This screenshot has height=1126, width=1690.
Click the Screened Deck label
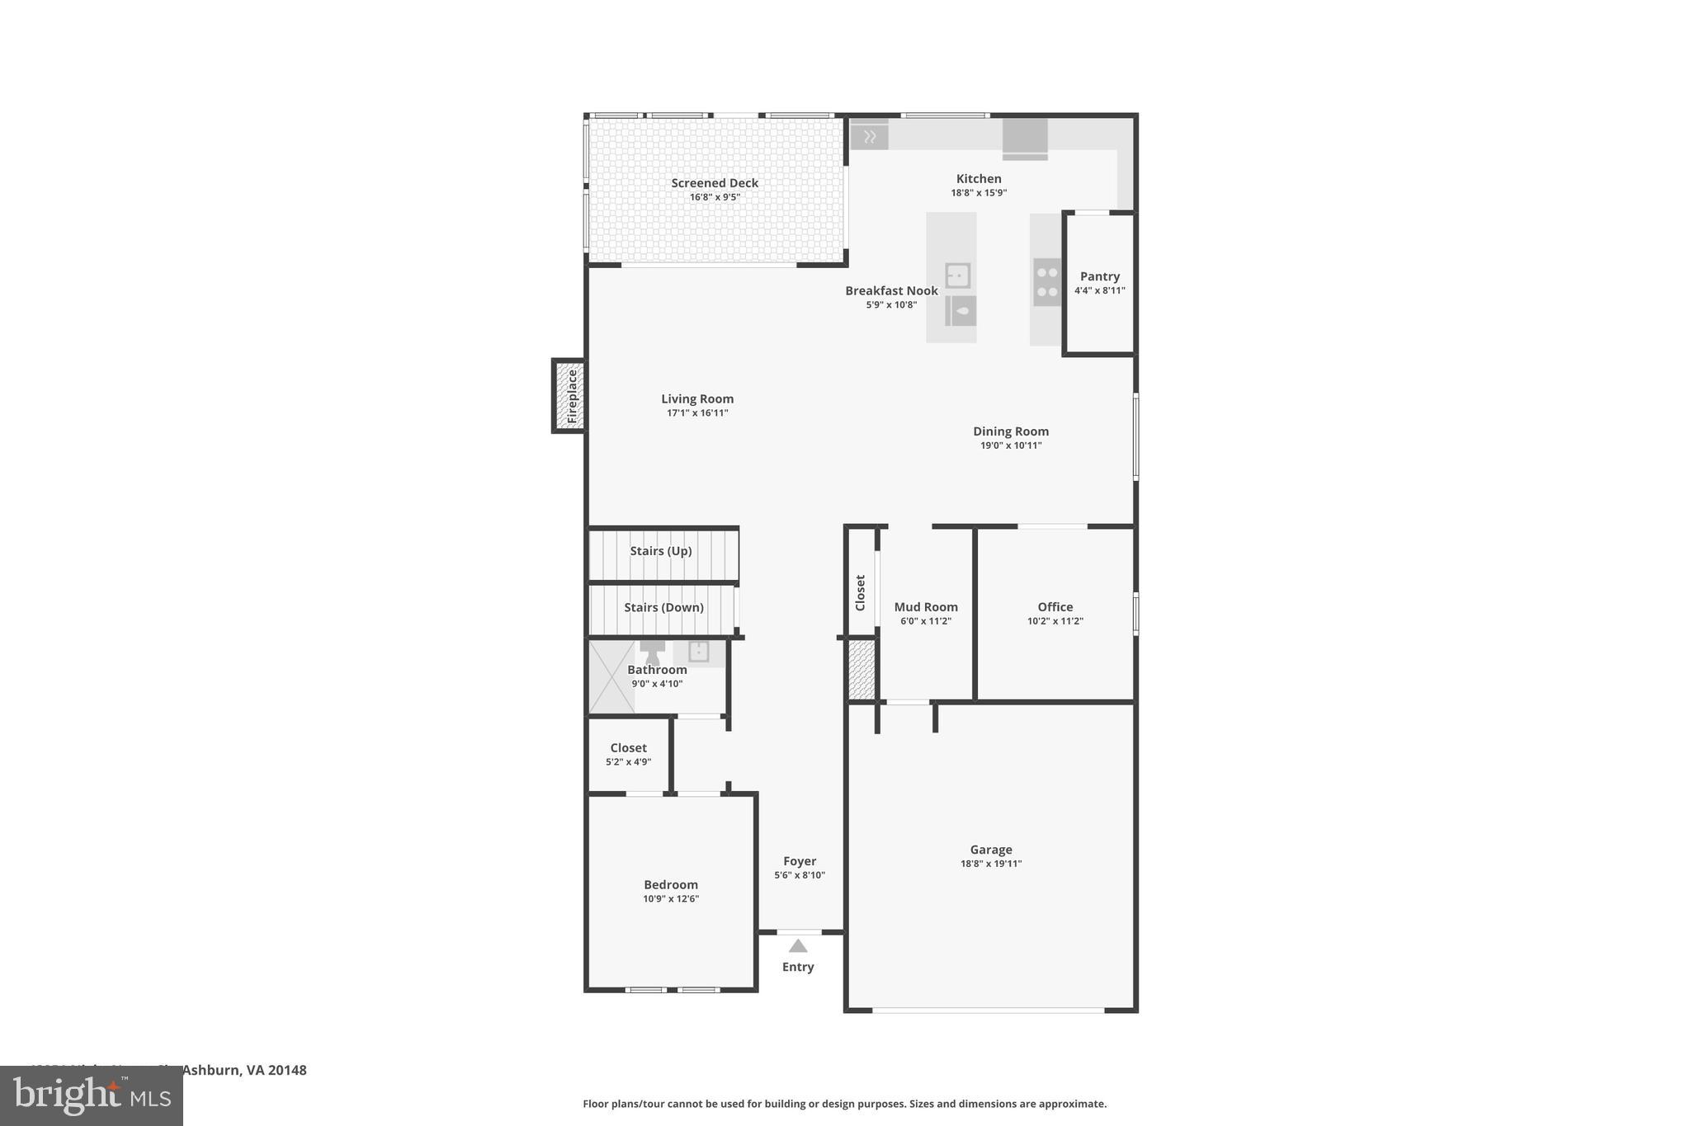[x=714, y=183]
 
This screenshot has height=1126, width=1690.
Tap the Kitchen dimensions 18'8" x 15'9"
[x=979, y=193]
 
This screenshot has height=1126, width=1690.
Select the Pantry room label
[x=1099, y=276]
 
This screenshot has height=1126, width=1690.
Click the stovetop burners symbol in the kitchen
[x=1047, y=281]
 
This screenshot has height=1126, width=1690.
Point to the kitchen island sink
[x=957, y=276]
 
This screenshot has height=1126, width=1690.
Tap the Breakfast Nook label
[x=891, y=290]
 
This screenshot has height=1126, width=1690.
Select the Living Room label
[x=697, y=398]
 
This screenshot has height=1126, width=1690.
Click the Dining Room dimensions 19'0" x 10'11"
[x=1011, y=445]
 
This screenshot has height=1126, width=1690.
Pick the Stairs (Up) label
[x=661, y=550]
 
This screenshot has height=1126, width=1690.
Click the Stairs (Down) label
[x=663, y=607]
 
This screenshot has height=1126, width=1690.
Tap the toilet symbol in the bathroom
[x=653, y=652]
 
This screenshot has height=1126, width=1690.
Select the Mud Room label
[x=926, y=606]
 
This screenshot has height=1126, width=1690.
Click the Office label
[x=1055, y=606]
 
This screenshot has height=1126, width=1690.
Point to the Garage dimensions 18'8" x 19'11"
[x=990, y=864]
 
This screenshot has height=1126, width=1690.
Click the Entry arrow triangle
[x=798, y=946]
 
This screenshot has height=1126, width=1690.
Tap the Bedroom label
[x=671, y=884]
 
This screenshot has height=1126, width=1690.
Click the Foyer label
[x=800, y=860]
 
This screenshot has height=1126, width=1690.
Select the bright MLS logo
[x=92, y=1095]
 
